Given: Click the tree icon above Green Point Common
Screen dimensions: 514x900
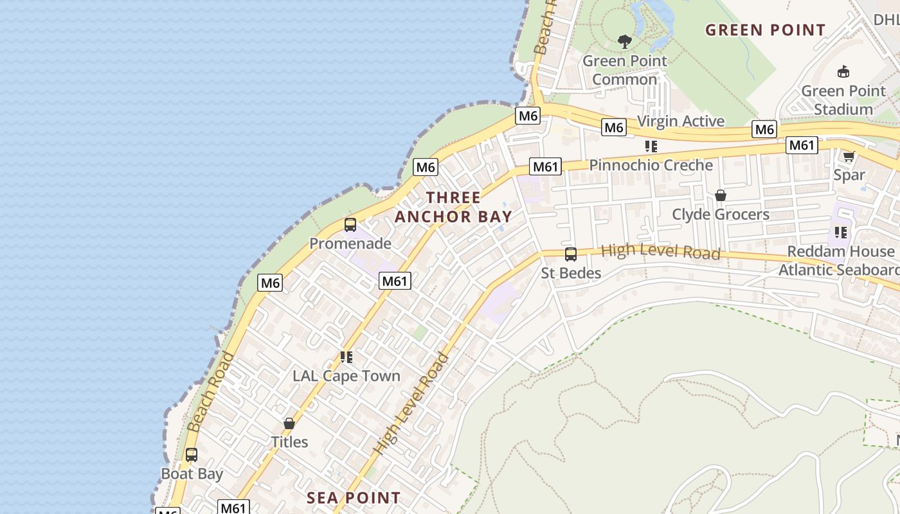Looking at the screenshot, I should pyautogui.click(x=624, y=42).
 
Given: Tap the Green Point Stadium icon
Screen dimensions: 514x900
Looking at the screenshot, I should pyautogui.click(x=843, y=71).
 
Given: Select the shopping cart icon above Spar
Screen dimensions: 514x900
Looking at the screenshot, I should pyautogui.click(x=849, y=156).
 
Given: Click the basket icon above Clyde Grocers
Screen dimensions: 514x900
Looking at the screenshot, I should pyautogui.click(x=721, y=195).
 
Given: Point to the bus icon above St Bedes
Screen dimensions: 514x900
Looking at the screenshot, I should pyautogui.click(x=570, y=254).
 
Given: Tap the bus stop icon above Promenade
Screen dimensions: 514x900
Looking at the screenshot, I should pyautogui.click(x=350, y=225).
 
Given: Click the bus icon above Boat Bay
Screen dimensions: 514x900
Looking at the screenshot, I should pyautogui.click(x=192, y=455).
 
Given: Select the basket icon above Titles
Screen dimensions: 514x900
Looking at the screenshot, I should pyautogui.click(x=289, y=423).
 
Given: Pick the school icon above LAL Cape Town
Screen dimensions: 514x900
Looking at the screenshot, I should pyautogui.click(x=346, y=357).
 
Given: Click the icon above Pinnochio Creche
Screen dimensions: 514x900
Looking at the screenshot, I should pyautogui.click(x=651, y=146).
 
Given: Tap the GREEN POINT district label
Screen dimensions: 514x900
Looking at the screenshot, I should pyautogui.click(x=765, y=30).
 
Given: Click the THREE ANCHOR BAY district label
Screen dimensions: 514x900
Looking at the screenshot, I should pyautogui.click(x=453, y=207).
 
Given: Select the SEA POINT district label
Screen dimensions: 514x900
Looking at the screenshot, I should pyautogui.click(x=354, y=498).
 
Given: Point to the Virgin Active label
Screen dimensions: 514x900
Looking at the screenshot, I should pyautogui.click(x=680, y=121).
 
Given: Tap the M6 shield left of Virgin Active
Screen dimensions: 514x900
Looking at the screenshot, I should pyautogui.click(x=614, y=128).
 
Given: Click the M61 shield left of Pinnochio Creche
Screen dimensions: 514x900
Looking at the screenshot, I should pyautogui.click(x=545, y=167).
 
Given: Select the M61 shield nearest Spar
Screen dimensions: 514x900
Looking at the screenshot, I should pyautogui.click(x=802, y=145).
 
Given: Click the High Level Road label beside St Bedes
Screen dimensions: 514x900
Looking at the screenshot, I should pyautogui.click(x=660, y=252).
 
